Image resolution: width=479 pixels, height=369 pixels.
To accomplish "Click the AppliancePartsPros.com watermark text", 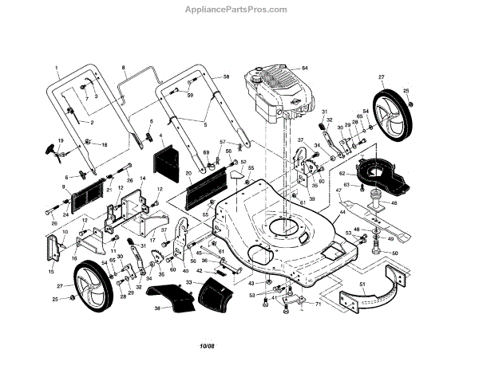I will (x=239, y=10).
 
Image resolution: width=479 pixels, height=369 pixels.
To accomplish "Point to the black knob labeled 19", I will (x=54, y=149).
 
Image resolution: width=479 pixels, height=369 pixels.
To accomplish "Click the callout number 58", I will (x=226, y=77).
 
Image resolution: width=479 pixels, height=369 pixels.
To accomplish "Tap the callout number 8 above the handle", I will (x=125, y=69).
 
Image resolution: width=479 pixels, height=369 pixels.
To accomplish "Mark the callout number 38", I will (x=158, y=308).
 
